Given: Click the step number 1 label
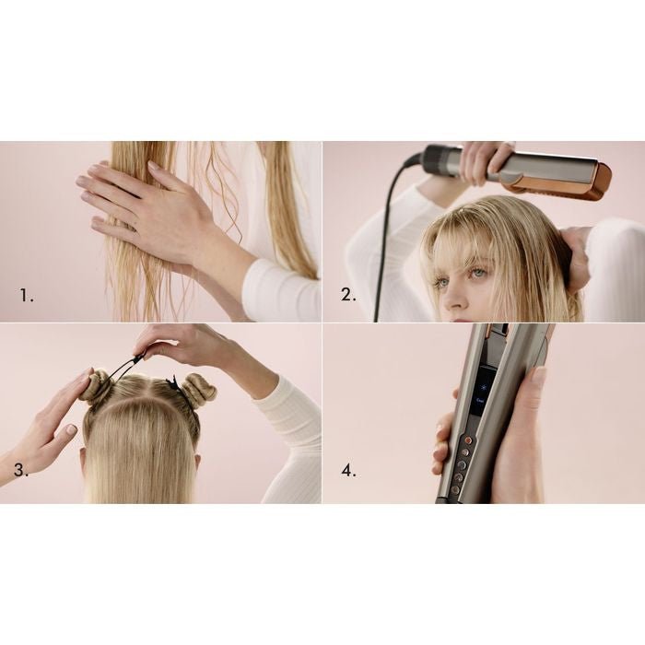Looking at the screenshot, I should [x=28, y=296].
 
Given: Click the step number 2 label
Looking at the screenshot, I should [x=348, y=296].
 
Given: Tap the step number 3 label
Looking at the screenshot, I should [x=21, y=471].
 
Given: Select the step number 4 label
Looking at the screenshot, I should [x=348, y=471].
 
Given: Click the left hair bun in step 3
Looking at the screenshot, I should [x=97, y=385].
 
